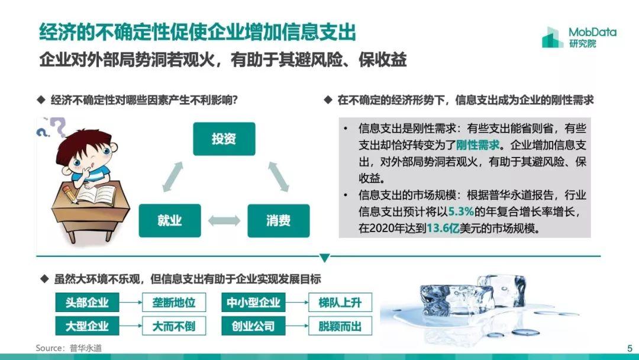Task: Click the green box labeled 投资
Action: [224, 139]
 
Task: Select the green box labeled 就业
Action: [170, 221]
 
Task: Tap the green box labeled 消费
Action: [278, 221]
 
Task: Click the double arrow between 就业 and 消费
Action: [224, 221]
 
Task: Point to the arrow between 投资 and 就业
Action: [172, 176]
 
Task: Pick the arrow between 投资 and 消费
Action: [279, 176]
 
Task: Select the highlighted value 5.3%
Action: [461, 211]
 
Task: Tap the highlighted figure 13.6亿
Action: [443, 228]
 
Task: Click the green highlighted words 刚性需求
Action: [477, 144]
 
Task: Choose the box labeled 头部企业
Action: [87, 302]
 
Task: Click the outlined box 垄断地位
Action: [174, 302]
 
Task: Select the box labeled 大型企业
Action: [87, 326]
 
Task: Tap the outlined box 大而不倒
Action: [174, 326]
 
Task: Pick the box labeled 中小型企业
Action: [253, 302]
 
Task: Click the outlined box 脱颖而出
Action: [340, 326]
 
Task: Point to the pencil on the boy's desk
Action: [70, 194]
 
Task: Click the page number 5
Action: [630, 348]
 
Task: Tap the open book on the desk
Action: [97, 194]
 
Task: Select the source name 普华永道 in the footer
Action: [86, 348]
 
